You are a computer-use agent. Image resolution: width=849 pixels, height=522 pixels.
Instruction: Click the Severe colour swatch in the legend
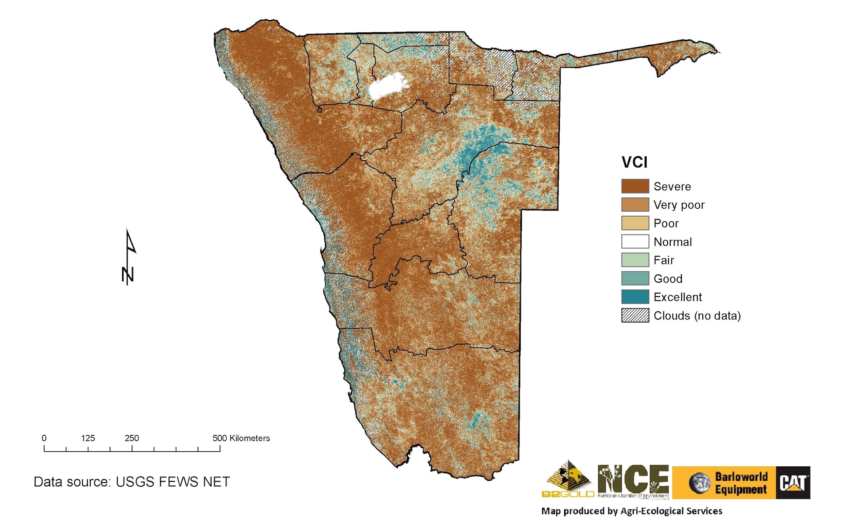point(635,186)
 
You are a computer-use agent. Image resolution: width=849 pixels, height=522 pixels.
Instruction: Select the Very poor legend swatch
point(635,204)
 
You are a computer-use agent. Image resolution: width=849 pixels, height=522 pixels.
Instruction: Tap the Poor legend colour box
point(635,223)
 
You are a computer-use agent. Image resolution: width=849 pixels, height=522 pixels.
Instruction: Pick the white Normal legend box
point(635,242)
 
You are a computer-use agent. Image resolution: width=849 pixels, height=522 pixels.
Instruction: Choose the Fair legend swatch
point(635,260)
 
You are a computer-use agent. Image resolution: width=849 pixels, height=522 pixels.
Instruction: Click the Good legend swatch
point(635,278)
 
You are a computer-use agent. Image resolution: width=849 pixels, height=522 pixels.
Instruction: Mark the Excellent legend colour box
point(635,297)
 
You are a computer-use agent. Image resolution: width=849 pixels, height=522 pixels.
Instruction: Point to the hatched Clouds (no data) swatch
point(635,315)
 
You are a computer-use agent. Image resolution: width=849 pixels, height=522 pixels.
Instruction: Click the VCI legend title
point(634,162)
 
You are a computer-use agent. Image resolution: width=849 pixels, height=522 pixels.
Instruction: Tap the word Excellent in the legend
point(678,297)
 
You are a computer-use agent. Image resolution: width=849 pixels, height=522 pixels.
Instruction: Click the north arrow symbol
point(129,257)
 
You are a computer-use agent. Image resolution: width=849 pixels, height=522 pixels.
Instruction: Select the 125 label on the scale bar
point(88,438)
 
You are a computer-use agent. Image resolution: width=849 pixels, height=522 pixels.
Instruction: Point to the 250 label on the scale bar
point(132,438)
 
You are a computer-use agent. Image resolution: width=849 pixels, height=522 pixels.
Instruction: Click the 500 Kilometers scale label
point(241,438)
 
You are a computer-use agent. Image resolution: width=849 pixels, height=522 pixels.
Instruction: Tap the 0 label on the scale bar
point(44,438)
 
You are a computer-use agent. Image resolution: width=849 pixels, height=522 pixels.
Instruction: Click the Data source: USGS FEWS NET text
point(131,482)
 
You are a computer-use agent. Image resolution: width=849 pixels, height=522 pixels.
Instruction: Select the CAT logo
point(793,482)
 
